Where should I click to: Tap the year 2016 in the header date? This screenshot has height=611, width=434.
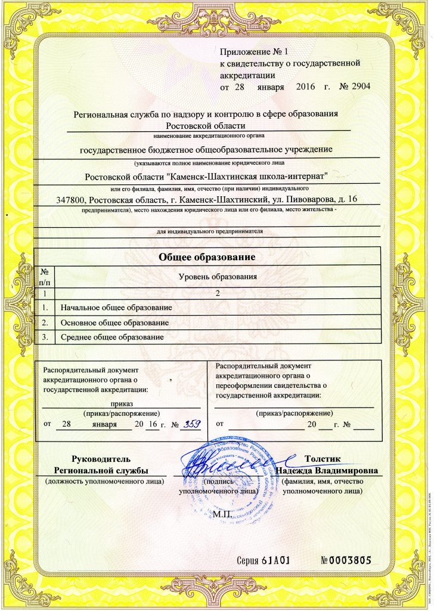pos(308,87)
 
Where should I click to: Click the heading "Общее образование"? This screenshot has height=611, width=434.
pos(207,257)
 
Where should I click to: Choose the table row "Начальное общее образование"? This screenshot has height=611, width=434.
pos(117,308)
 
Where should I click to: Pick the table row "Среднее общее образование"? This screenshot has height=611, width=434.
pos(112,338)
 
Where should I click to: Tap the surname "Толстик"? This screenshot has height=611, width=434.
pos(322,459)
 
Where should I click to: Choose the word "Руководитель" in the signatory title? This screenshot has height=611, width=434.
pos(100,459)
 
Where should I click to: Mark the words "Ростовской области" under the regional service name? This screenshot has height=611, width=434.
pos(205,125)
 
